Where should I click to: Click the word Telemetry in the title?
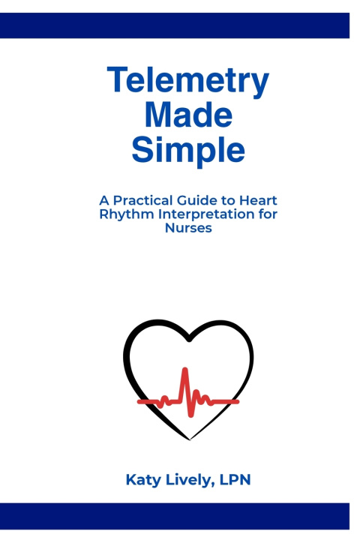point(188,80)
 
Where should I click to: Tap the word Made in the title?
point(188,115)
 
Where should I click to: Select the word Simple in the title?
point(188,150)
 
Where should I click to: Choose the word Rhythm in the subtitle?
point(127,214)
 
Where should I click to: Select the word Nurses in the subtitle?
point(188,228)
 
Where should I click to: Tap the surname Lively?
point(189,480)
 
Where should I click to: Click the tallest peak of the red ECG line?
point(185,370)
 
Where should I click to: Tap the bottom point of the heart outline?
point(190,439)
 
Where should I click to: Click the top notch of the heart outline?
point(189,339)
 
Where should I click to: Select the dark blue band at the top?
point(175,25)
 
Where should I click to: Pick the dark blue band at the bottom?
point(175,516)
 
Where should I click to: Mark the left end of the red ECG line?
point(139,401)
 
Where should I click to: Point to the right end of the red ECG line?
point(237,401)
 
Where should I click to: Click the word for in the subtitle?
point(268,214)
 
